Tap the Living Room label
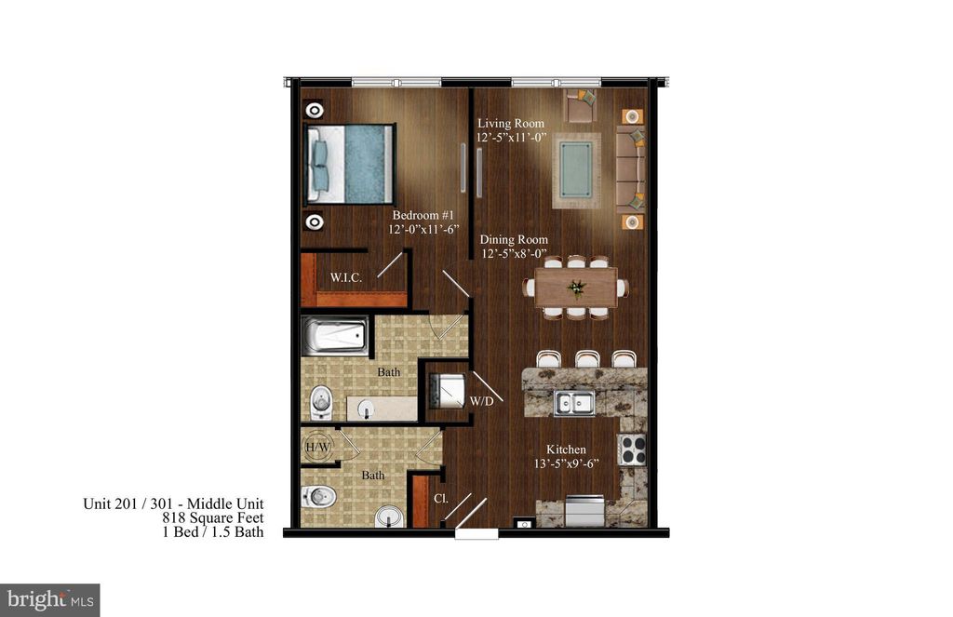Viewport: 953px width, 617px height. pyautogui.click(x=511, y=123)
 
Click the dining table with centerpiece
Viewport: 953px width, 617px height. pyautogui.click(x=576, y=288)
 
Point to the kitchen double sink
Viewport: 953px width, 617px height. pyautogui.click(x=574, y=403)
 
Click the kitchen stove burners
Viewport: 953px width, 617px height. pyautogui.click(x=633, y=449)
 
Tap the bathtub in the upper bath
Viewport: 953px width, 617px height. pyautogui.click(x=335, y=337)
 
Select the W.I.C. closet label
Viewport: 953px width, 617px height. pyautogui.click(x=345, y=276)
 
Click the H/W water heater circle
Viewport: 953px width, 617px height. pyautogui.click(x=317, y=447)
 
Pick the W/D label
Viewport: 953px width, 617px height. pyautogui.click(x=482, y=402)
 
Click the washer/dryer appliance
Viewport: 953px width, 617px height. pyautogui.click(x=445, y=390)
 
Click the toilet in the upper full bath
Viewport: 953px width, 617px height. pyautogui.click(x=321, y=402)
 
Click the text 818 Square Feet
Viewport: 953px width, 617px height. pyautogui.click(x=212, y=518)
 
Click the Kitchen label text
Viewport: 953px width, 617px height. pyautogui.click(x=566, y=449)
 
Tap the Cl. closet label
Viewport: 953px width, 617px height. pyautogui.click(x=441, y=498)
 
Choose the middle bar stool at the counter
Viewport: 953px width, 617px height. pyautogui.click(x=586, y=359)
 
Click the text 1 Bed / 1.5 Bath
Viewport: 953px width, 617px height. pyautogui.click(x=213, y=532)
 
